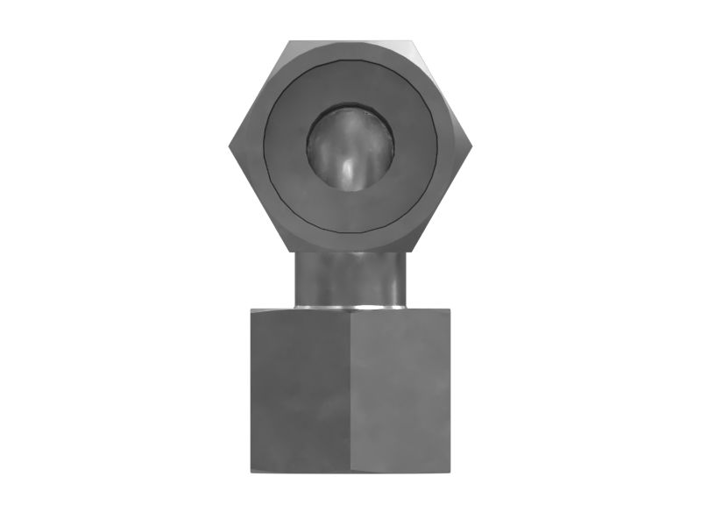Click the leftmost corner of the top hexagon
[230, 146]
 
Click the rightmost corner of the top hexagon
[471, 146]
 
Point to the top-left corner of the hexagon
[290, 41]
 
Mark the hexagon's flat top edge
[350, 40]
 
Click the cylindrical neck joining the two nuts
[350, 279]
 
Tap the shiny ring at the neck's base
[350, 307]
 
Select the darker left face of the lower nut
[300, 390]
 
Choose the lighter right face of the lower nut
[400, 390]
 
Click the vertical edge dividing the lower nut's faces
[350, 390]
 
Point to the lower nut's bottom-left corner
[251, 472]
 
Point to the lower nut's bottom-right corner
[450, 472]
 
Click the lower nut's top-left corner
[251, 309]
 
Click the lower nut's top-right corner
[450, 309]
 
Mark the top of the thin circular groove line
[350, 60]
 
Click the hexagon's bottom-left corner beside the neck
[291, 252]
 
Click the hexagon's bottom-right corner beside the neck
[410, 252]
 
